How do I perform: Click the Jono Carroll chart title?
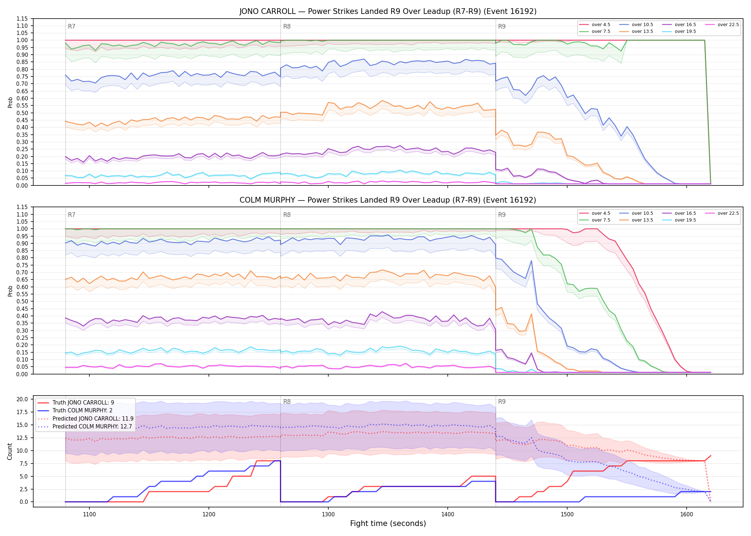388,11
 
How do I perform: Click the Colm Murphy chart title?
388,200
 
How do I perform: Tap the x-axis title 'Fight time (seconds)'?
388,523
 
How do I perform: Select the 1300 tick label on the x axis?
328,515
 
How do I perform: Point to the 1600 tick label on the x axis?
687,515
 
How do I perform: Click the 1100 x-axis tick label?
89,515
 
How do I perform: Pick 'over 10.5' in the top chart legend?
642,25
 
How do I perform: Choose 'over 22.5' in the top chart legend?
728,25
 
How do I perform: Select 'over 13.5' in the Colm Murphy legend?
642,220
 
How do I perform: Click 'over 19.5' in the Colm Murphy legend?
685,220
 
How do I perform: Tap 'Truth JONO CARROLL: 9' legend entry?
83,403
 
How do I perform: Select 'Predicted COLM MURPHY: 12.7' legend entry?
92,427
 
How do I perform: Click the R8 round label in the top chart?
287,26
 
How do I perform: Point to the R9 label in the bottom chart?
502,402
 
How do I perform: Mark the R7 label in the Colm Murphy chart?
72,215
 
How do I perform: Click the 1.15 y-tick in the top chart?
22,19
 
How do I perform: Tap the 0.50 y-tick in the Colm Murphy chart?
22,302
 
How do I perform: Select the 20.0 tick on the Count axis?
22,399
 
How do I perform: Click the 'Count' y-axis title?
10,451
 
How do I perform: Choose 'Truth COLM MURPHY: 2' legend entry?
83,411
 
